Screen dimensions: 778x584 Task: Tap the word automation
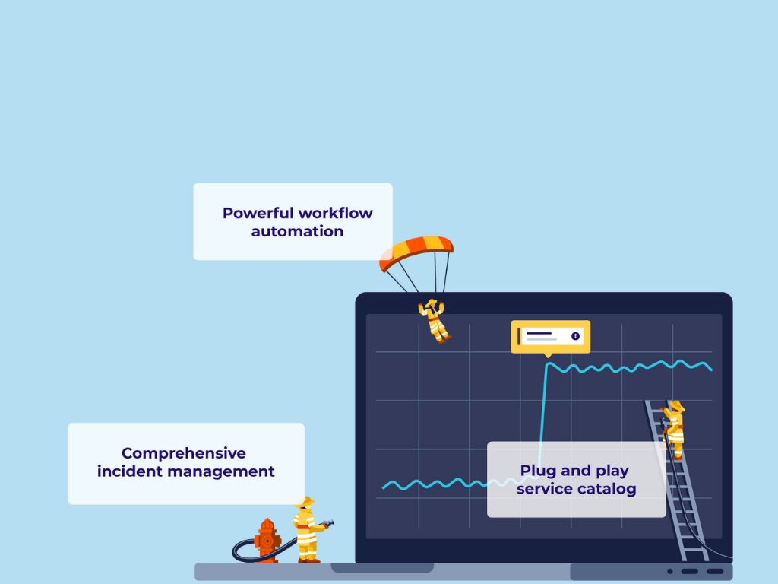click(297, 231)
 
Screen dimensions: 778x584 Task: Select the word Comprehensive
click(184, 453)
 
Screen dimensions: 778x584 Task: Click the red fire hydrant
click(267, 540)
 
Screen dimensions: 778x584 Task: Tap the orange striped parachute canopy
click(416, 251)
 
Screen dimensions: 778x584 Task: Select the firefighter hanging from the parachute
click(434, 321)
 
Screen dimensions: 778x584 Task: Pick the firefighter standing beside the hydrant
click(307, 530)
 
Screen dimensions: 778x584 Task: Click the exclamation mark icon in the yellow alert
click(576, 336)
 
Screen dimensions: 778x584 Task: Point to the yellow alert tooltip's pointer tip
click(548, 357)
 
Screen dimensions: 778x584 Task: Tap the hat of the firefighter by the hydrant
click(304, 502)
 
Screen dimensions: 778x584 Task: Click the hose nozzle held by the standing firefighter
click(328, 523)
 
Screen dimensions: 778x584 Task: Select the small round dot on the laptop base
click(670, 571)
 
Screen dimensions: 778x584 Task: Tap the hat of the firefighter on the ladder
click(675, 406)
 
